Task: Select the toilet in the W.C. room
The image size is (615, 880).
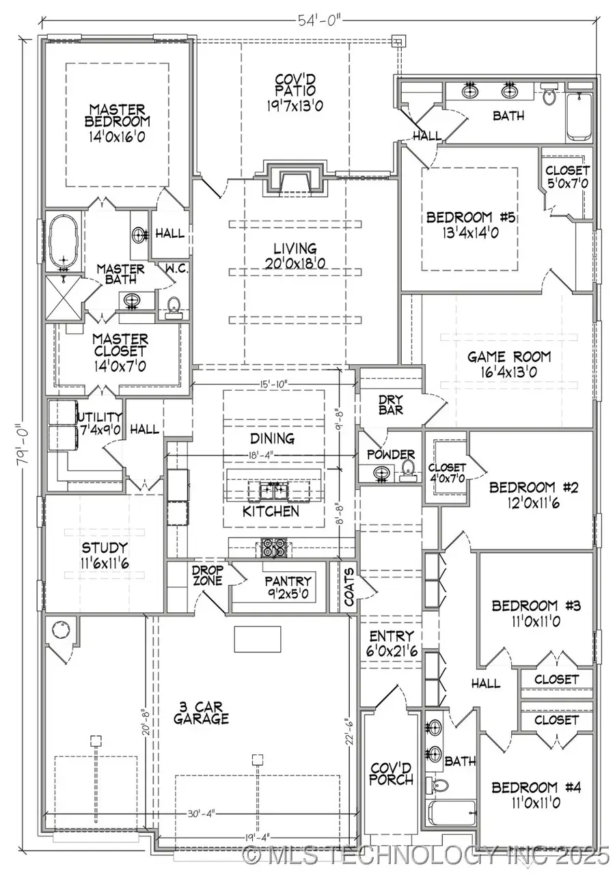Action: (174, 305)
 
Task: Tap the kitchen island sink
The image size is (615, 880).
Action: (273, 489)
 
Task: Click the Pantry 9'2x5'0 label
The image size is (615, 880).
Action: (288, 588)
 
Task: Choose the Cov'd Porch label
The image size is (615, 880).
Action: (391, 773)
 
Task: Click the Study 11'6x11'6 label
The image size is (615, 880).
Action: (104, 554)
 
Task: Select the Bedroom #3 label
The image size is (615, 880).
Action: (536, 612)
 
